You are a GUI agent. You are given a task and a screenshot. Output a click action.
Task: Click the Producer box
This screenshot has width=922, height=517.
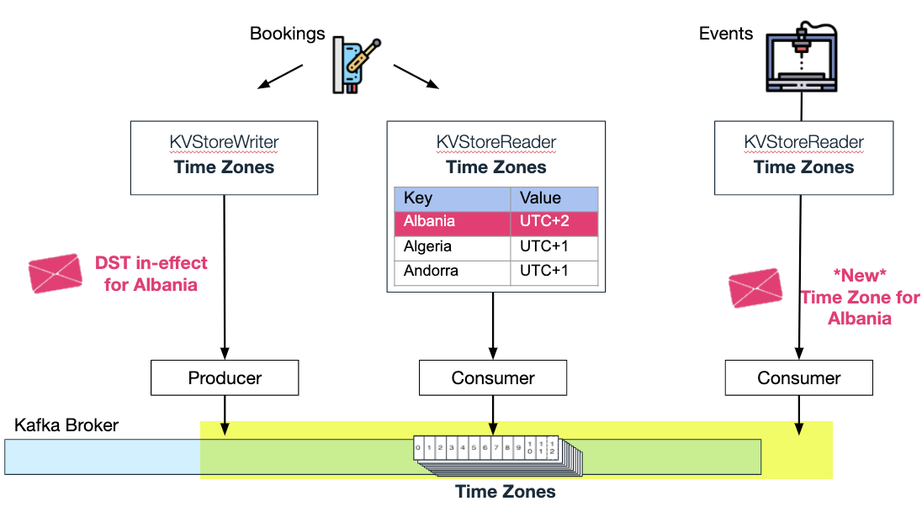pos(225,378)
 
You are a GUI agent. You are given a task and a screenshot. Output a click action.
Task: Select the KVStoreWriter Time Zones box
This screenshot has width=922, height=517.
pos(224,157)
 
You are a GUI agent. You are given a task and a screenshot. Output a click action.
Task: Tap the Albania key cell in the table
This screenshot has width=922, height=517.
pos(452,223)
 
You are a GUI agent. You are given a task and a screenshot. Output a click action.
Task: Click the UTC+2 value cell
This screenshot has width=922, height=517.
pos(554,223)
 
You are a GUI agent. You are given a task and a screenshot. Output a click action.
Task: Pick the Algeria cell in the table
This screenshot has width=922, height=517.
pos(452,247)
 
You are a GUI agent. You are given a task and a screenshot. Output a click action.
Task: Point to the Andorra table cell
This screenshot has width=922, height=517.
pos(452,272)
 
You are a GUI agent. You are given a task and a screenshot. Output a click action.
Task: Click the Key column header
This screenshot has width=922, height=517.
pos(452,199)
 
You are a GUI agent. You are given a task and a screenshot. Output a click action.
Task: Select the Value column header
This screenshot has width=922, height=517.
pos(554,199)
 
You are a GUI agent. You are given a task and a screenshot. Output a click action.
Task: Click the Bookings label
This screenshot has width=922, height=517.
pos(287,34)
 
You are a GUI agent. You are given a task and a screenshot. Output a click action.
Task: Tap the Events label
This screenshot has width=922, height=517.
pos(726,34)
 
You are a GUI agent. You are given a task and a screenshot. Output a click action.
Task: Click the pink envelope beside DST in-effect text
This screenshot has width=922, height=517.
pos(56,273)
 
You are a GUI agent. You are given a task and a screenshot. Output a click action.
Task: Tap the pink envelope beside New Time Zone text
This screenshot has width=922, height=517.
pos(755,288)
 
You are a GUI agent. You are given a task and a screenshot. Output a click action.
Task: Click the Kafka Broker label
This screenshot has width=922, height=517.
pos(66,425)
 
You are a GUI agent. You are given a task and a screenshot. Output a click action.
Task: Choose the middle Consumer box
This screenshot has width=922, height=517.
pos(493,378)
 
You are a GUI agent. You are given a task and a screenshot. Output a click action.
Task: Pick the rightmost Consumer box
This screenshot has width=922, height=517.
pos(798,378)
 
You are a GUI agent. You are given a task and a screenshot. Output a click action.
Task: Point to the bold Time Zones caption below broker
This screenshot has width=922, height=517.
pos(505,492)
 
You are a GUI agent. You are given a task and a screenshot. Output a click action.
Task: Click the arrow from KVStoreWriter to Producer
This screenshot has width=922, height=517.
pos(225,277)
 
